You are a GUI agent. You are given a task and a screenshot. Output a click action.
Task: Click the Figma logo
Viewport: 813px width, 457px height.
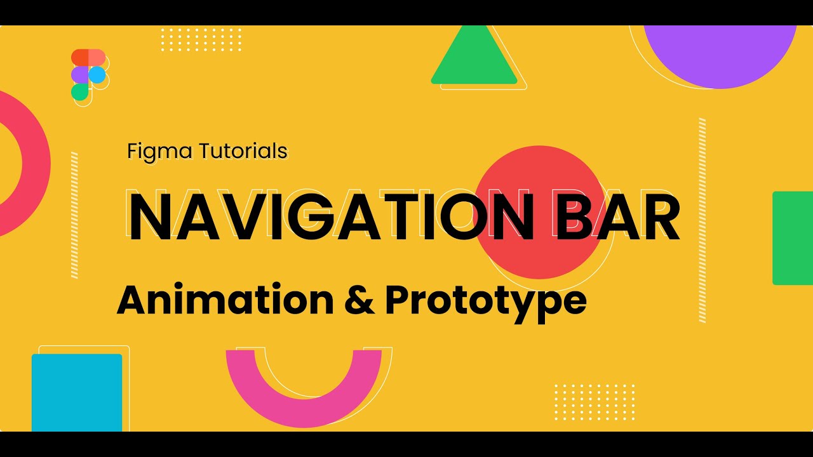(88, 74)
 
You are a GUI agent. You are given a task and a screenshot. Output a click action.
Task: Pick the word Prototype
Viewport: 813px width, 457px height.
(485, 301)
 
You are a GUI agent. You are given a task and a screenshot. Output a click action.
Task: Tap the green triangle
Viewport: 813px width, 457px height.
(474, 60)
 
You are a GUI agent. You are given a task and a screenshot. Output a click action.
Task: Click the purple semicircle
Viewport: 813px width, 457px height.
(720, 54)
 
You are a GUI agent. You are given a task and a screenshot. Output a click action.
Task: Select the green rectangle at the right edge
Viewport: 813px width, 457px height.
(793, 238)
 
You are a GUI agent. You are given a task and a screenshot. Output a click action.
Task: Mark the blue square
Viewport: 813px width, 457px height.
(77, 392)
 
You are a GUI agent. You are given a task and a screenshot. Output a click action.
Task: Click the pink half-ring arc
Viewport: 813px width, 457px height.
(304, 395)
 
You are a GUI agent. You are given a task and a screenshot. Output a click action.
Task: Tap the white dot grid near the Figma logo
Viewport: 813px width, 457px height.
(201, 39)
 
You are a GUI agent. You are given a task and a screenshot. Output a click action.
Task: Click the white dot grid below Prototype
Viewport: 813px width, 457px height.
(595, 401)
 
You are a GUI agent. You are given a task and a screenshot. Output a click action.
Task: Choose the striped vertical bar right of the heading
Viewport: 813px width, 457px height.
(702, 220)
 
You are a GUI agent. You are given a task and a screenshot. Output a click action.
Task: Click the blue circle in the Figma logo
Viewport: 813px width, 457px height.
(97, 75)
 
